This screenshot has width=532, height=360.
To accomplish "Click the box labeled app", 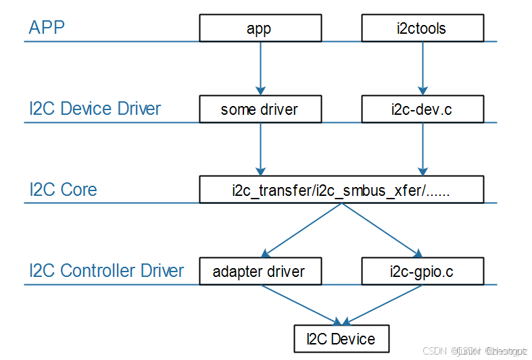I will [x=260, y=28].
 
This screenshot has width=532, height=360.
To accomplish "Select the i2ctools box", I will [x=422, y=28].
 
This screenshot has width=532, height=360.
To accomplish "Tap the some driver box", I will [x=260, y=109].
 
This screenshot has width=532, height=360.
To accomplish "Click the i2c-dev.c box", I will [x=422, y=109].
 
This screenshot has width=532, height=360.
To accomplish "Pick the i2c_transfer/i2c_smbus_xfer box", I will [x=341, y=190].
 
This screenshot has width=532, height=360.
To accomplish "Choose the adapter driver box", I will [x=260, y=271].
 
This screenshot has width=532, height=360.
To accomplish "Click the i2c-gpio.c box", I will [x=422, y=271].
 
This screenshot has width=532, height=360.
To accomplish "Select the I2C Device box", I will [x=341, y=338].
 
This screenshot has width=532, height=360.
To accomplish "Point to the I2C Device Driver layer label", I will [x=95, y=109].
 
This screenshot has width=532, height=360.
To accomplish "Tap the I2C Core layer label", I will [x=63, y=190].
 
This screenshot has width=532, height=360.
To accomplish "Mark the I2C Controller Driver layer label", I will [x=106, y=271].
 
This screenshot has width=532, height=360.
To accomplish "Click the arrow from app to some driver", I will [x=260, y=68].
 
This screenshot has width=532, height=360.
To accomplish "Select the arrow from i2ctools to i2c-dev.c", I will [x=422, y=68].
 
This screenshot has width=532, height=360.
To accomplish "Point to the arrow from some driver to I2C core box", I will [x=260, y=149].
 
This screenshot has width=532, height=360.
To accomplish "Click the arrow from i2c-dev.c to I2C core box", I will [x=422, y=149].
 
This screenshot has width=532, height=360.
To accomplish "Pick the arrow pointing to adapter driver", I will [x=301, y=230].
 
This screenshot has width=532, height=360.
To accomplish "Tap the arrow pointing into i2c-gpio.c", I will [x=382, y=230].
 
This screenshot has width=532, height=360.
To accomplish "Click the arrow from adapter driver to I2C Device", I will [x=301, y=304].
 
